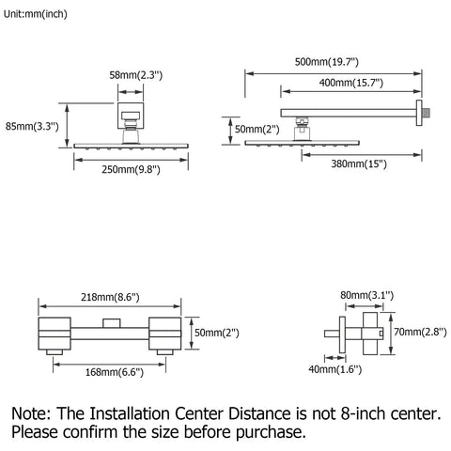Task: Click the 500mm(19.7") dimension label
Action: (x=326, y=62)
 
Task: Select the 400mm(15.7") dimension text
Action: (x=351, y=83)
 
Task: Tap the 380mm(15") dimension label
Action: (x=359, y=163)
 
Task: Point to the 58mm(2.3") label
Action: (x=136, y=75)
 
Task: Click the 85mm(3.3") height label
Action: (x=32, y=127)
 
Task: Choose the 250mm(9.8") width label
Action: (x=131, y=170)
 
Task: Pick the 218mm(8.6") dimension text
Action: (x=110, y=297)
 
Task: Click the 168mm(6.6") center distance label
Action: (x=115, y=372)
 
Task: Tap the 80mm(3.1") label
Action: (x=366, y=295)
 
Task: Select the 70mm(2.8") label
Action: (x=420, y=332)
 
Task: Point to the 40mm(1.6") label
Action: (x=335, y=369)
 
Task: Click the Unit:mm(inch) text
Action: (x=36, y=14)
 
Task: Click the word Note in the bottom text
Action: (x=31, y=413)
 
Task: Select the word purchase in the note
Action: (x=271, y=433)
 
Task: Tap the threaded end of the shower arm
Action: (x=427, y=113)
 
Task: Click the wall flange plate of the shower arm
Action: (x=419, y=113)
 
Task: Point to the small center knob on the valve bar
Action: (x=112, y=323)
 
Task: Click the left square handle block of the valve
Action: (x=54, y=334)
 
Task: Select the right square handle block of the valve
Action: (x=165, y=334)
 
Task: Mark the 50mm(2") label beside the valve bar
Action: (x=217, y=333)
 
